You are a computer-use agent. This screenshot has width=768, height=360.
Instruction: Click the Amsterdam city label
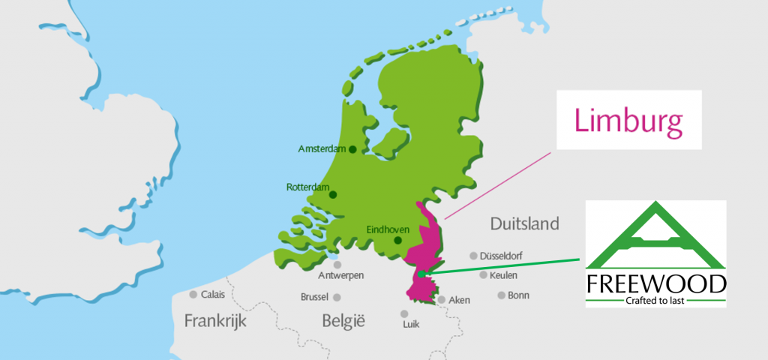(322, 149)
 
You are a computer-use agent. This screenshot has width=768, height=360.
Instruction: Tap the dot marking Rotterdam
(333, 194)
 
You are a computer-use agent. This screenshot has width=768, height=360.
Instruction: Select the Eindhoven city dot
(397, 241)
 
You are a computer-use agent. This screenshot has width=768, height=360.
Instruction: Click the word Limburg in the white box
(628, 120)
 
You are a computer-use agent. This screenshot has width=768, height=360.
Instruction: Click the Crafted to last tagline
(656, 301)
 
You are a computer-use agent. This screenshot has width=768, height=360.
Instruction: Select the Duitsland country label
(524, 223)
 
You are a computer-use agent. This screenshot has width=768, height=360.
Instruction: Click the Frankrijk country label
(215, 321)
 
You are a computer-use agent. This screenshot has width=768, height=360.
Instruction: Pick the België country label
(343, 322)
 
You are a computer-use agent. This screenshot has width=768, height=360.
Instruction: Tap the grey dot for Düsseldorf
(473, 255)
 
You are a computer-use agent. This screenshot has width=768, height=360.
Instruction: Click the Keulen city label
(503, 275)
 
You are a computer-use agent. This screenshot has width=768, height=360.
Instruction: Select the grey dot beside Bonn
(501, 295)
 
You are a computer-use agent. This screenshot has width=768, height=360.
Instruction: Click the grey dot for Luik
(404, 313)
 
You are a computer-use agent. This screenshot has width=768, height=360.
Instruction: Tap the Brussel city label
(314, 297)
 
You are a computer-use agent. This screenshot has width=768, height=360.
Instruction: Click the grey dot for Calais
(193, 294)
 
